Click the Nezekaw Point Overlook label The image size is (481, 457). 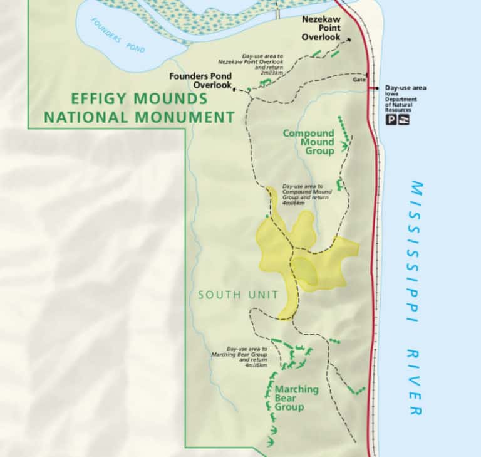point(321,28)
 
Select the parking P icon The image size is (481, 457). point(391,119)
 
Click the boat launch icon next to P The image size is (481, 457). point(404,119)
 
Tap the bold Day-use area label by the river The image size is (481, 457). point(405,88)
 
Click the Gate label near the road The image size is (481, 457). point(358,80)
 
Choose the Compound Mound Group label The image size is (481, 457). point(308,142)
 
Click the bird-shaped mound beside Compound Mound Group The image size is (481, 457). point(344,147)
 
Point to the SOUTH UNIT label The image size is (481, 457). point(229,294)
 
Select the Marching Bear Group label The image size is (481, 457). point(297,398)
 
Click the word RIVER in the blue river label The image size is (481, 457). point(415,382)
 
